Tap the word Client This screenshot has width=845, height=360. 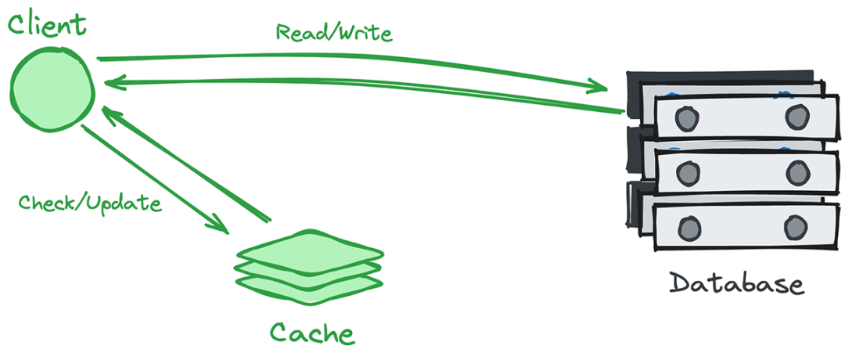click(x=46, y=23)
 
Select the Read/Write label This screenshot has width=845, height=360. click(x=334, y=34)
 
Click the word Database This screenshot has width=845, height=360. click(x=736, y=283)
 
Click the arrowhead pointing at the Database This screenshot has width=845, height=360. click(x=602, y=84)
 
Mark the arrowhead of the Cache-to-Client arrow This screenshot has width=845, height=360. click(x=110, y=114)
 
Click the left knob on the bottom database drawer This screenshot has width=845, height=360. click(x=689, y=228)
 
